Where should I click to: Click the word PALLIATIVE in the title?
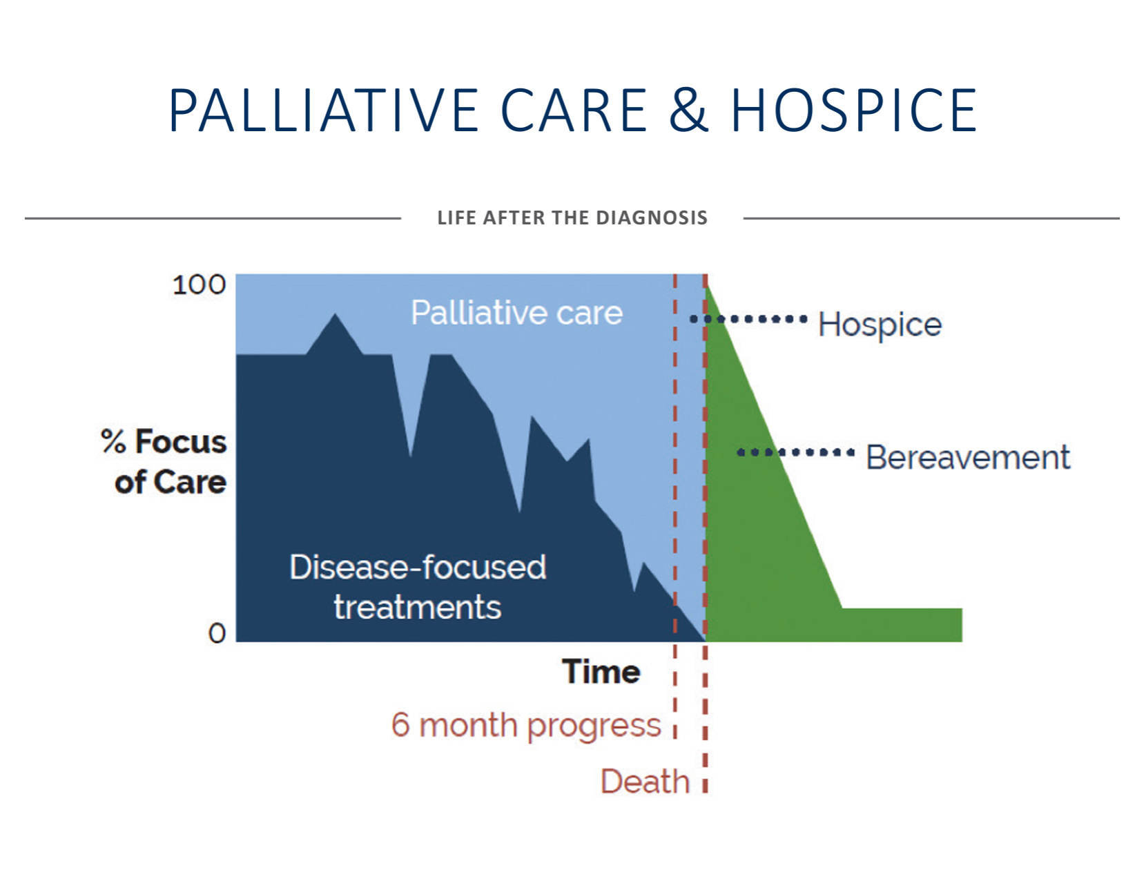[x=323, y=110]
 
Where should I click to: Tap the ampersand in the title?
[x=688, y=110]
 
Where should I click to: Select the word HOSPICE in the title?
[x=854, y=110]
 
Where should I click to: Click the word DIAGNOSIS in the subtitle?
[x=652, y=217]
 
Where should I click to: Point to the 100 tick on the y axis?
[x=199, y=285]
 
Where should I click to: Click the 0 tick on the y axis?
[x=217, y=633]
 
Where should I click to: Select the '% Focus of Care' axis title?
[x=164, y=462]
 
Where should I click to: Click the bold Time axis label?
[x=601, y=672]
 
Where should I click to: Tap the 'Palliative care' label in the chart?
[x=517, y=312]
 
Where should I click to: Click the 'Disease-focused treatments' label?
[x=418, y=587]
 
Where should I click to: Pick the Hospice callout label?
[x=880, y=325]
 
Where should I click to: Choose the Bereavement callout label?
[x=968, y=458]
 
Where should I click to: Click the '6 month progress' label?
[x=526, y=726]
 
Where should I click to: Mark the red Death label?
[x=645, y=782]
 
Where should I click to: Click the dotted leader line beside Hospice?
[x=748, y=318]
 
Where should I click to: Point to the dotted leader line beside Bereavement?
[x=796, y=452]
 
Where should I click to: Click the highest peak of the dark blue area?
[x=336, y=314]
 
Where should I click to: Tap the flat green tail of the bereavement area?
[x=902, y=625]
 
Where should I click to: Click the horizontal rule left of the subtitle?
[x=213, y=218]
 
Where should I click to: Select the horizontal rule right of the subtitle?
[x=931, y=218]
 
